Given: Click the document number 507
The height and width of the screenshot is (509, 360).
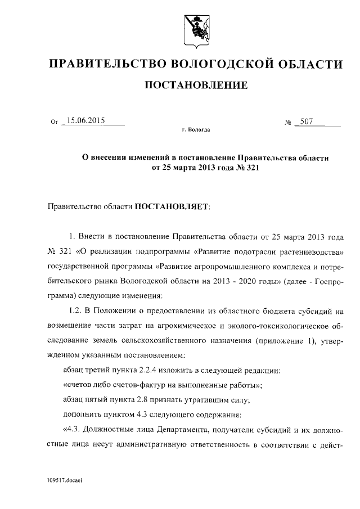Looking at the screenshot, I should (307, 120).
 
